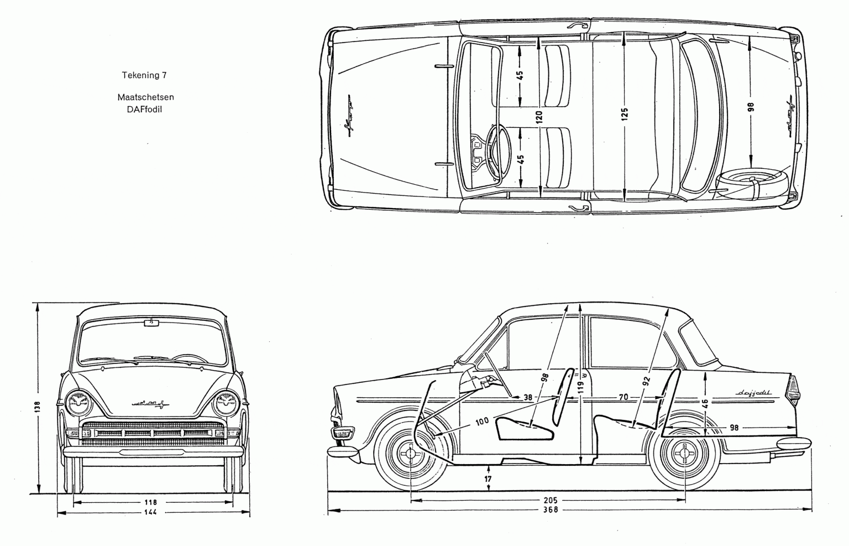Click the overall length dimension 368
551,509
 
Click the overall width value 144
150,512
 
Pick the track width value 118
150,502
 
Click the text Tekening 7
144,75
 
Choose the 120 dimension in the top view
539,116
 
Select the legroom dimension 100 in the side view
481,422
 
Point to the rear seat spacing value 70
623,397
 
